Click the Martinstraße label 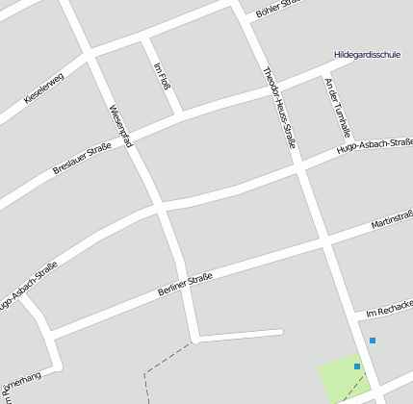pyautogui.click(x=391, y=220)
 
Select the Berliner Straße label pyautogui.click(x=183, y=284)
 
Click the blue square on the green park pyautogui.click(x=357, y=366)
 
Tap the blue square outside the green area pyautogui.click(x=373, y=341)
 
